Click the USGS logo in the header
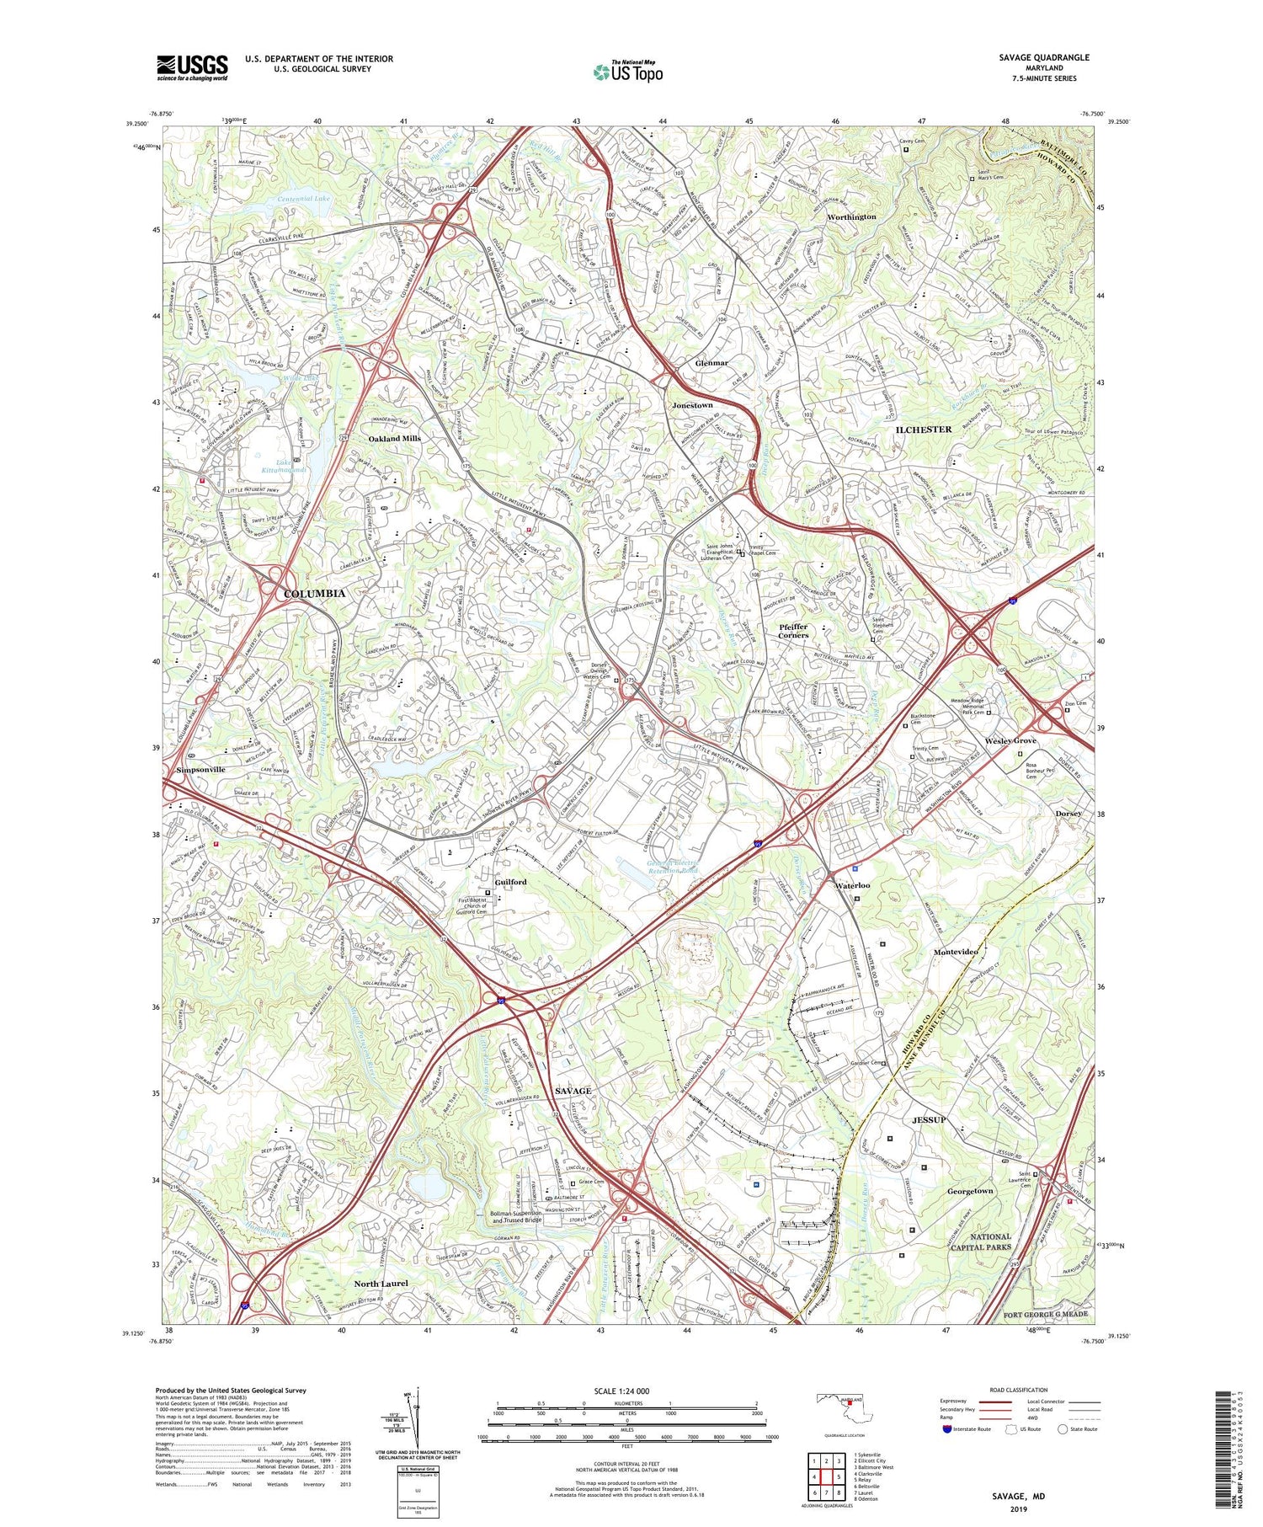tap(192, 67)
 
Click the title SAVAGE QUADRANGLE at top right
tap(1044, 57)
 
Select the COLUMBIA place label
tap(314, 594)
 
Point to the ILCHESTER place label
tap(923, 430)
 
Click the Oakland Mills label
tap(394, 439)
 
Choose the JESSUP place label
tap(929, 1120)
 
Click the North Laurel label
tap(381, 1283)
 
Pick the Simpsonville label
tap(201, 770)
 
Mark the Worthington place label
tap(851, 217)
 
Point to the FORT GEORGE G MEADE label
tap(1046, 1314)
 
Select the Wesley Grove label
tap(1010, 741)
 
